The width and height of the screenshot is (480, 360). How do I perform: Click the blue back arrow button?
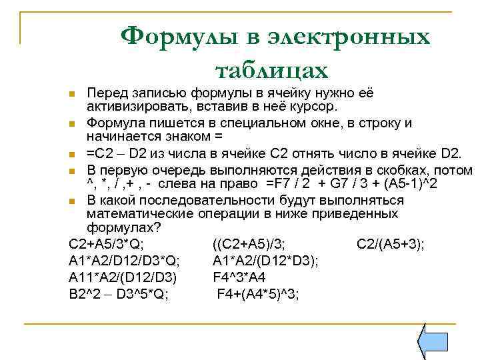(x=431, y=341)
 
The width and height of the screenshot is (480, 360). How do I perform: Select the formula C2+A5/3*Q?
(x=107, y=244)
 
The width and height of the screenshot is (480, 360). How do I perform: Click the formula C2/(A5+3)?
(x=391, y=244)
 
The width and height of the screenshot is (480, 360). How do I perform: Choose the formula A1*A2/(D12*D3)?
(x=265, y=260)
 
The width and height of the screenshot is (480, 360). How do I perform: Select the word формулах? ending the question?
(x=124, y=228)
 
